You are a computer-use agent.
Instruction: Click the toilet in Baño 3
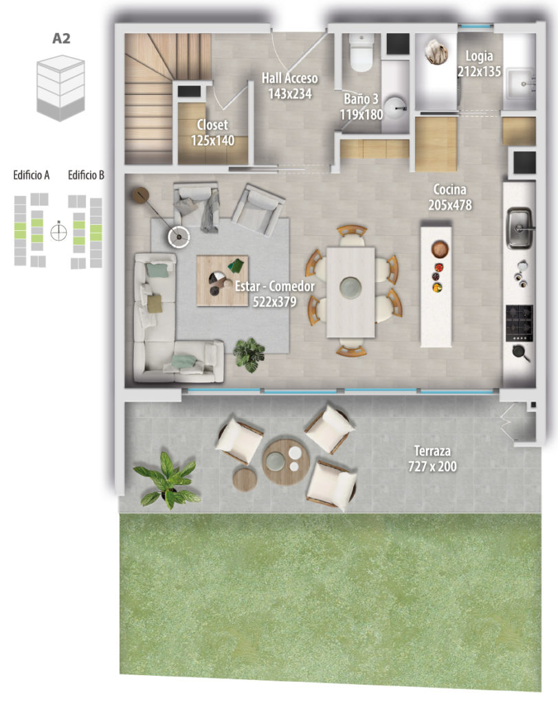(361, 52)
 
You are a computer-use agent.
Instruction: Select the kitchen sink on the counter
(520, 228)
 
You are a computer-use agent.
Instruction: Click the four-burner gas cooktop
(520, 323)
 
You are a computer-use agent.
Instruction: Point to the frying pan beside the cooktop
(521, 353)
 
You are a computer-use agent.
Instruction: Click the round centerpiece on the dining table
(350, 287)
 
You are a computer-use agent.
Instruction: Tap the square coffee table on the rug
(223, 280)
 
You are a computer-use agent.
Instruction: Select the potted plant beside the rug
(249, 354)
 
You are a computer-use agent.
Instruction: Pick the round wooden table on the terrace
(286, 461)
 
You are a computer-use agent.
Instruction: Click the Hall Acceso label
(289, 78)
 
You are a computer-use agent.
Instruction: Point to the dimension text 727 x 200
(432, 467)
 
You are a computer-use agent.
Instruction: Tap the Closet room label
(212, 125)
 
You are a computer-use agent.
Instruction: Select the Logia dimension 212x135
(479, 71)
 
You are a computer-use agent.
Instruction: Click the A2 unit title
(61, 38)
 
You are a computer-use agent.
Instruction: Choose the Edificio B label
(86, 175)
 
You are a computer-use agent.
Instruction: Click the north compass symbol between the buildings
(58, 232)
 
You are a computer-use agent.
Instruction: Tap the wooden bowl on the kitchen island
(440, 249)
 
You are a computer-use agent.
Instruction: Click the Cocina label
(449, 190)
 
